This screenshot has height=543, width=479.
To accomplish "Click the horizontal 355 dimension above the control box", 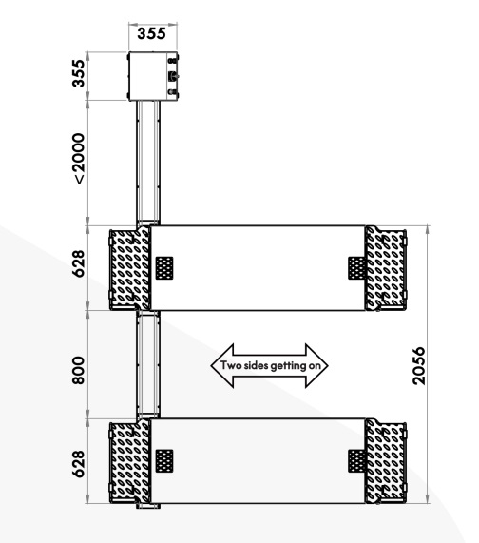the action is pyautogui.click(x=151, y=34).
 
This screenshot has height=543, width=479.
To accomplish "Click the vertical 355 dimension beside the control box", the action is pyautogui.click(x=79, y=73).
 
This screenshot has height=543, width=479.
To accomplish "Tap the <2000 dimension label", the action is pyautogui.click(x=79, y=159).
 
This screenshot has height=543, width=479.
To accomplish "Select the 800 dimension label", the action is pyautogui.click(x=79, y=371).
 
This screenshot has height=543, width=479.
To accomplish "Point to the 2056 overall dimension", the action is pyautogui.click(x=419, y=366).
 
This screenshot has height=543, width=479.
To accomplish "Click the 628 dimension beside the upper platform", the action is pyautogui.click(x=79, y=263).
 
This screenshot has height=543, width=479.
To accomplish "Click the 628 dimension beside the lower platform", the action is pyautogui.click(x=79, y=464).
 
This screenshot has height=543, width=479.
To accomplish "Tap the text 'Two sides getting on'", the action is pyautogui.click(x=271, y=366).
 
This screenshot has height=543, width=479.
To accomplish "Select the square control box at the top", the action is pyautogui.click(x=153, y=76).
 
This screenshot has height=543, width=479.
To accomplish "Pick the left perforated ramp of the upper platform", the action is pyautogui.click(x=130, y=268).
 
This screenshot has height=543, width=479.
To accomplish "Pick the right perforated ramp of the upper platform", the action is pyautogui.click(x=386, y=268).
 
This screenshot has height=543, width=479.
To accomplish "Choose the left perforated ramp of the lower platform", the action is pyautogui.click(x=130, y=461).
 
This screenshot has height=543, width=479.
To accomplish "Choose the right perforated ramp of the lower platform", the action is pyautogui.click(x=386, y=461).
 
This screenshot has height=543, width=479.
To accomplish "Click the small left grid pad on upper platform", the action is pyautogui.click(x=164, y=268).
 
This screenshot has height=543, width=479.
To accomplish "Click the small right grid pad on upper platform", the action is pyautogui.click(x=356, y=268).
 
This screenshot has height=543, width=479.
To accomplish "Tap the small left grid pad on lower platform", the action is pyautogui.click(x=164, y=461).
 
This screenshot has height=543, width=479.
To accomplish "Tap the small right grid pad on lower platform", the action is pyautogui.click(x=356, y=461).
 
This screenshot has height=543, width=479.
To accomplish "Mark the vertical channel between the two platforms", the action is pyautogui.click(x=148, y=364).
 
